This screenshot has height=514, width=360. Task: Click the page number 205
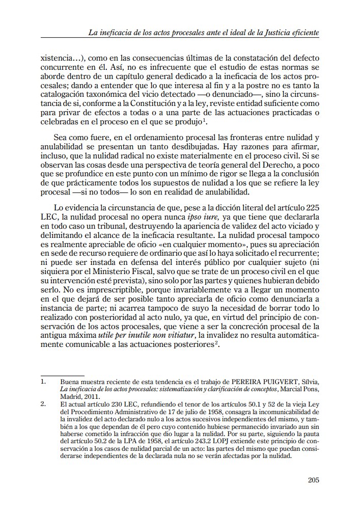(313, 480)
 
